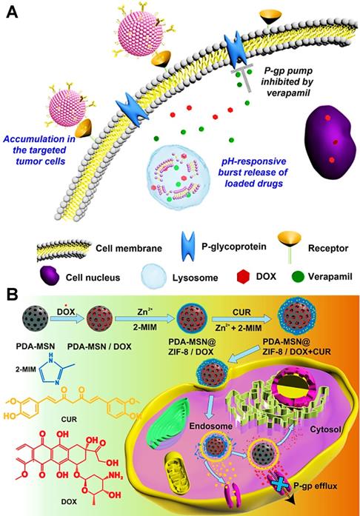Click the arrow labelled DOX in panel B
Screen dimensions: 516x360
point(74,300)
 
